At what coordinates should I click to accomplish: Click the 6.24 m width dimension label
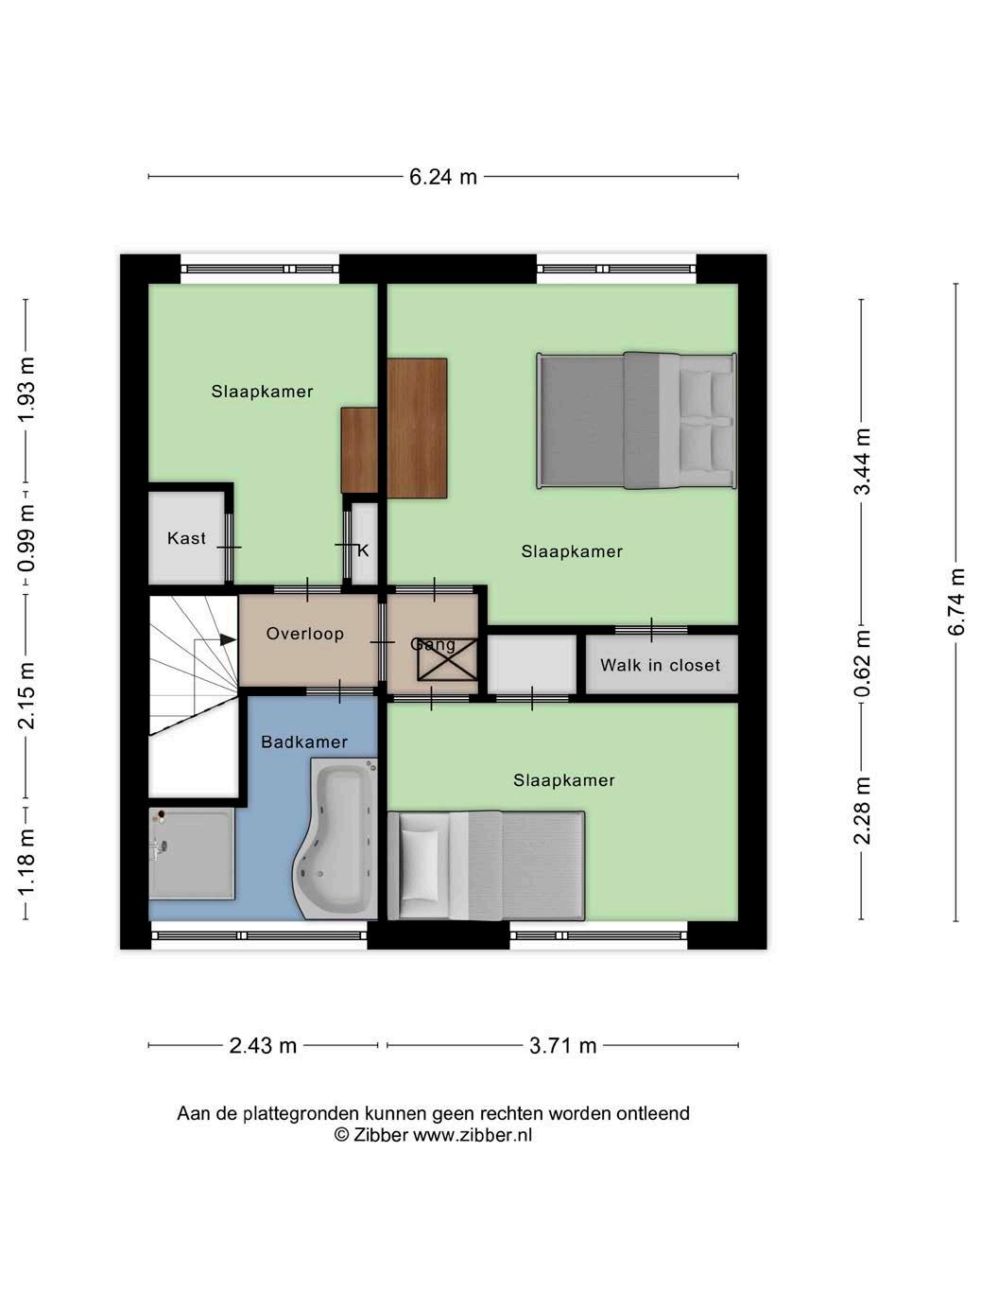pos(442,177)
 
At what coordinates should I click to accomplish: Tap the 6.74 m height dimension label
pos(956,602)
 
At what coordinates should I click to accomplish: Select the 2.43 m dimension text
pos(263,1045)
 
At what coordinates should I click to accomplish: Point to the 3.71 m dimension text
pos(563,1045)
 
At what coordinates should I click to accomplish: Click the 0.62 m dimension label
pos(862,663)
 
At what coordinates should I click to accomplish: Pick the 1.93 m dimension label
pos(26,390)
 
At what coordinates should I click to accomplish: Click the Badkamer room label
pos(304,742)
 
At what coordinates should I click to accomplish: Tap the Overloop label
pos(305,634)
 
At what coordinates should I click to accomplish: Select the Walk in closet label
pos(660,665)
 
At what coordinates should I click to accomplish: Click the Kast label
pos(186,538)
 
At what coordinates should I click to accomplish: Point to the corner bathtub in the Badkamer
pos(336,838)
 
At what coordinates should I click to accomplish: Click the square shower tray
pos(192,853)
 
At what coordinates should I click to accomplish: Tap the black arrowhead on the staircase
pos(228,639)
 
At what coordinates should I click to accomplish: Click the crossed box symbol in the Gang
pos(447,659)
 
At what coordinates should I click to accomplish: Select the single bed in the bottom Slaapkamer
pos(486,866)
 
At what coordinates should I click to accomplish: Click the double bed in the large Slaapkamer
pos(637,421)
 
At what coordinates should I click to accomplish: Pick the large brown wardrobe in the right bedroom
pos(417,428)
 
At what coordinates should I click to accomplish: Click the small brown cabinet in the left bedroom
pos(359,451)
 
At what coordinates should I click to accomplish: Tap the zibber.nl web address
pos(473,1134)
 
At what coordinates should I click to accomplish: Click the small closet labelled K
pos(365,543)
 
